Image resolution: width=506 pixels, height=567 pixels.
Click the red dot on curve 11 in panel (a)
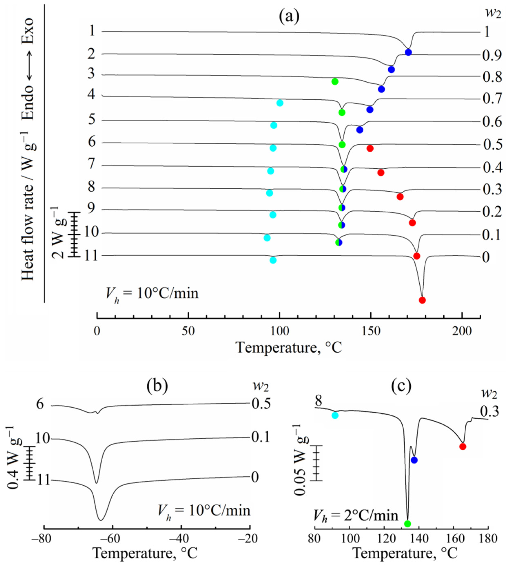point(422,300)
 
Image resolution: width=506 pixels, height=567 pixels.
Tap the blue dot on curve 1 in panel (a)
point(408,52)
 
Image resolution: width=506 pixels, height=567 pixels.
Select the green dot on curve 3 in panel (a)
point(335,81)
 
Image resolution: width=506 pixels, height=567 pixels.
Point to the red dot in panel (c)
point(463,454)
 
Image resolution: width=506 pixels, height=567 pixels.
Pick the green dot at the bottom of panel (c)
point(407,524)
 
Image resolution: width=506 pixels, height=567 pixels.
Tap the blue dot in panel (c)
point(414,468)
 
